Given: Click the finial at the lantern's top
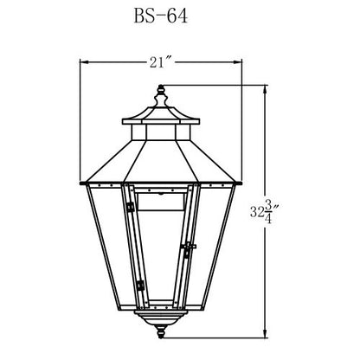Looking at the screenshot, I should [x=160, y=93].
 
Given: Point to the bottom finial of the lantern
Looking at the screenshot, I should [x=160, y=331].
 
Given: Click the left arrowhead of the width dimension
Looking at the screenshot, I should [x=83, y=62].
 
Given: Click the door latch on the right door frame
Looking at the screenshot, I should [x=188, y=249].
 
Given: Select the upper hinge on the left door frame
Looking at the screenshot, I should [x=130, y=208].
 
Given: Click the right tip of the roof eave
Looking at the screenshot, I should [x=238, y=183].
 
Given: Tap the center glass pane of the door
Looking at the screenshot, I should [x=160, y=251].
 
